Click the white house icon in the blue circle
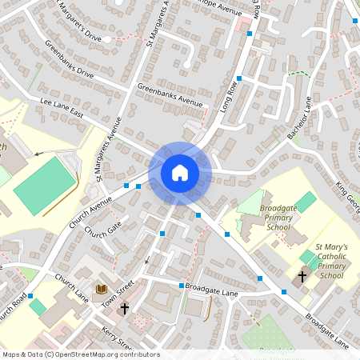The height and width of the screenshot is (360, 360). [180, 172]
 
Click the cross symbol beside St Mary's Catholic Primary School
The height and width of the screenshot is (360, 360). [302, 278]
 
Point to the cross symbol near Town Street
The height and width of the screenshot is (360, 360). [124, 307]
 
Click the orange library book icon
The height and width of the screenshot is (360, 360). [101, 289]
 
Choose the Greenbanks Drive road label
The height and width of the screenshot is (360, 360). [70, 59]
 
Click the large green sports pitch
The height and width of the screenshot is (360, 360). [43, 185]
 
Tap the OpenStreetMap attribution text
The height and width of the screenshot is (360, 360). [80, 354]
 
